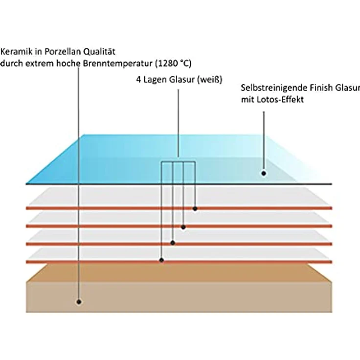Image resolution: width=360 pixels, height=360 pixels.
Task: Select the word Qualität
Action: coord(99,52)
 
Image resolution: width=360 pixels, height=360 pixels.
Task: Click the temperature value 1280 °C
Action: coord(173,64)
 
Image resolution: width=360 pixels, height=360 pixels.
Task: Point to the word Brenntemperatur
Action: coord(117,64)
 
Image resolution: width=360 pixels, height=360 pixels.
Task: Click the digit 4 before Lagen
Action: coord(138,79)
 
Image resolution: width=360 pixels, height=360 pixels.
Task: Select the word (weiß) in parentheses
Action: coord(210,79)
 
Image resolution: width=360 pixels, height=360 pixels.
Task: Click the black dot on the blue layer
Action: coord(264,173)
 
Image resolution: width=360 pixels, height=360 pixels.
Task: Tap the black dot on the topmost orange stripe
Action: coord(195,209)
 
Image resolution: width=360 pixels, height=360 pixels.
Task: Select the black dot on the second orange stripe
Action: coord(183,227)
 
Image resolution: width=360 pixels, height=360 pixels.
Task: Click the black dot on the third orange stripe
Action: coord(173,243)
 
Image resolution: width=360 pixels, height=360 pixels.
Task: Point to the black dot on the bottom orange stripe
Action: coord(161,260)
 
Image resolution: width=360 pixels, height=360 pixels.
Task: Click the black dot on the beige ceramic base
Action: coord(79,302)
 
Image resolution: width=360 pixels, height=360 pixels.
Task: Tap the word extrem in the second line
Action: coord(40,64)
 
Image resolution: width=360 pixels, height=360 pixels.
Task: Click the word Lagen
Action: coord(155,80)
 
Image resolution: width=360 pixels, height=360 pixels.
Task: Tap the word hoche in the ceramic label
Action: coord(68,64)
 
